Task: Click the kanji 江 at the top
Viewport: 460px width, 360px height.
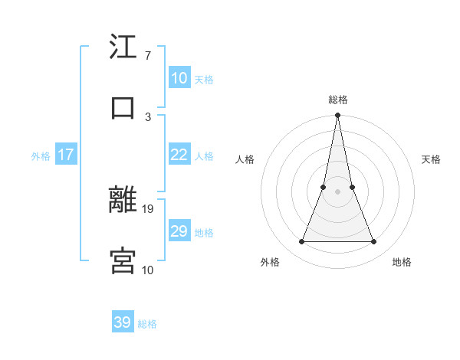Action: point(123,47)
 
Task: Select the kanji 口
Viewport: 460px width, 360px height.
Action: point(123,108)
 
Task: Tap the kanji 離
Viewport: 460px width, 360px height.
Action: point(123,200)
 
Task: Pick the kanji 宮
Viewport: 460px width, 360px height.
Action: point(123,260)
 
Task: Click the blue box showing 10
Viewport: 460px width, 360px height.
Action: point(179,77)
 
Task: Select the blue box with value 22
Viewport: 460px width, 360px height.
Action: point(179,155)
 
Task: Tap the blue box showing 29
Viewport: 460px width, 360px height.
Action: point(179,231)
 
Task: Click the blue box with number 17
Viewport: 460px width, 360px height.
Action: point(65,155)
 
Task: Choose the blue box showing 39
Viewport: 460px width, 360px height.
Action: point(123,322)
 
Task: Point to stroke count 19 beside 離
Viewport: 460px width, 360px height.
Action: point(148,208)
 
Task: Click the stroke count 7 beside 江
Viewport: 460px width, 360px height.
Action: point(147,56)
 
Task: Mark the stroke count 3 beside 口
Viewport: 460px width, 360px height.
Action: point(147,116)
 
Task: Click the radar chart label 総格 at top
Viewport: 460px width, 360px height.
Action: point(338,100)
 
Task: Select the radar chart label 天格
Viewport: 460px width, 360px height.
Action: point(432,159)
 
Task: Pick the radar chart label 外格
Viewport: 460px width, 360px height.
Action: point(270,262)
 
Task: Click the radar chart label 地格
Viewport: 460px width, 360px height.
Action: point(402,262)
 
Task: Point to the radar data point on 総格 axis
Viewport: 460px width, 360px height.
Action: point(337,116)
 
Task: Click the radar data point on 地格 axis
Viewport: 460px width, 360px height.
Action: point(374,242)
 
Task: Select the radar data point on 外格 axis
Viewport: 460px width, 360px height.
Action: point(301,242)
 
